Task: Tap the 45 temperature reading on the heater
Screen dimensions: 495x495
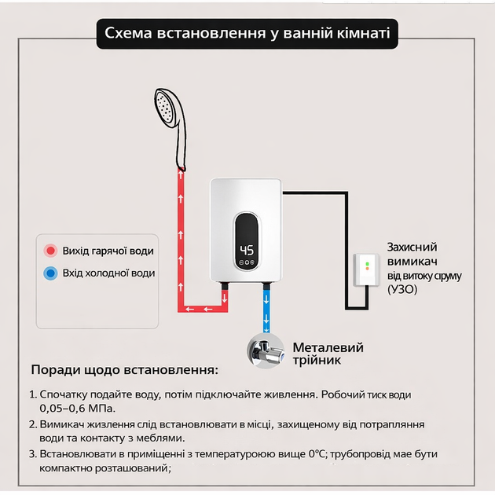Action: coord(247,251)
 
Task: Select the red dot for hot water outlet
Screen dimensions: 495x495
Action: coord(50,251)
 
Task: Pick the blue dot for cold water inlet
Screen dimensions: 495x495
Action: coord(50,273)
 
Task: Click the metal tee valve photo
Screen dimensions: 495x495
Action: coord(266,351)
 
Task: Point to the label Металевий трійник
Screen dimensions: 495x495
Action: coord(328,354)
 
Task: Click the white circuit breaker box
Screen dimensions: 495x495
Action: coord(366,270)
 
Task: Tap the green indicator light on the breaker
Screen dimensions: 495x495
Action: coord(367,263)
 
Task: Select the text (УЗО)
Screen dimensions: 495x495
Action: coord(402,289)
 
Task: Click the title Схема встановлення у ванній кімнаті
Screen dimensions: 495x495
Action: coord(247,33)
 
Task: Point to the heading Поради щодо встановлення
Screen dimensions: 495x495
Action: coord(125,369)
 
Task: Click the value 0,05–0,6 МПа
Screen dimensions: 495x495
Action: coord(77,409)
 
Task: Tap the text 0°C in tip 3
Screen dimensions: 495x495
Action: coord(317,454)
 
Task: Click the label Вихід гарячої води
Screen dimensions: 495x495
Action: coord(108,251)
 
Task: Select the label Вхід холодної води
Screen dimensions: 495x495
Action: coord(108,273)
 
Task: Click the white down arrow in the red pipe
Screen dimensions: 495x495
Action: coord(225,298)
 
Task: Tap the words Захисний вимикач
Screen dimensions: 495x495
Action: coord(412,254)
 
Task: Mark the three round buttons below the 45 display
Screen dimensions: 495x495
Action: coord(247,262)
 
